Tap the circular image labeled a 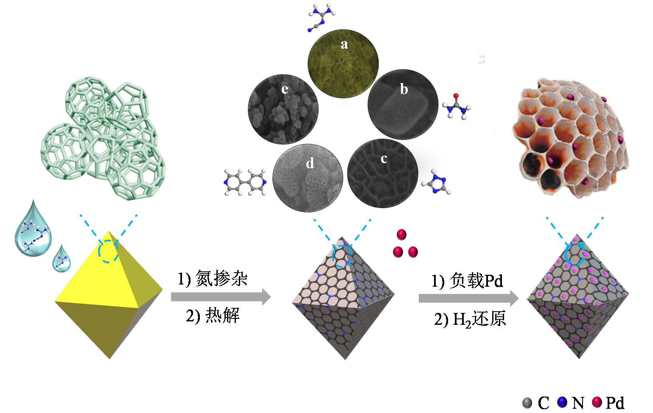tap(343, 64)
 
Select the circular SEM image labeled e tap(283, 109)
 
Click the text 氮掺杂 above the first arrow tap(221, 279)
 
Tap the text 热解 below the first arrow tap(222, 315)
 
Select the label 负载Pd tap(476, 281)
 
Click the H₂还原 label tap(479, 319)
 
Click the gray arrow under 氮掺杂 tap(221, 297)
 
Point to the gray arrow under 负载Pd tap(468, 299)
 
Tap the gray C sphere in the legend tap(527, 402)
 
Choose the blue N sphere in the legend tap(562, 402)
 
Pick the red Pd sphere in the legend tap(597, 402)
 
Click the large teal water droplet tap(33, 231)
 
